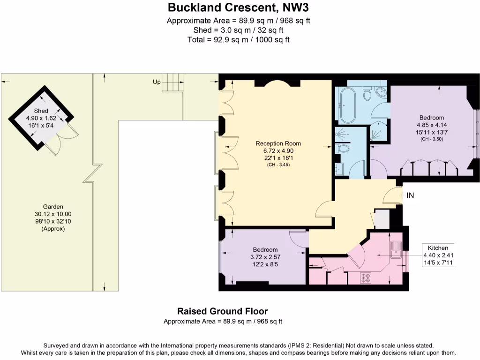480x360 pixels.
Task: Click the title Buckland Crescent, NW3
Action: [x=239, y=7]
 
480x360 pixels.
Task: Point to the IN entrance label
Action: [x=410, y=195]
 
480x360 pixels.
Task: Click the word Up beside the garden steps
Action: [x=157, y=82]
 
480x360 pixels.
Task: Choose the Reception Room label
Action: [x=278, y=143]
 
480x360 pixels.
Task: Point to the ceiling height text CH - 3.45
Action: [x=278, y=165]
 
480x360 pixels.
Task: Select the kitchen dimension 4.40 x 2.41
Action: [x=438, y=255]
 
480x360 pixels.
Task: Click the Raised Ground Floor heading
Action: [x=222, y=311]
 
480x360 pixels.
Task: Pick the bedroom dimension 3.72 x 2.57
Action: [x=265, y=257]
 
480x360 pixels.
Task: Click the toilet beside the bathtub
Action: [x=368, y=95]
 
